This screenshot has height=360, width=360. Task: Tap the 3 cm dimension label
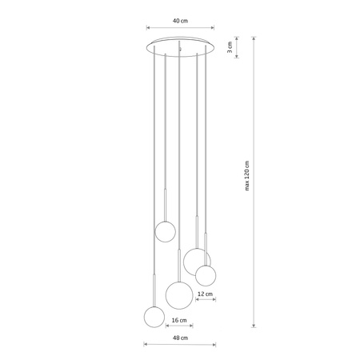[230, 48]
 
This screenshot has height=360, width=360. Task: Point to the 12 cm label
[205, 294]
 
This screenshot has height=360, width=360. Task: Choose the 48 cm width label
[179, 338]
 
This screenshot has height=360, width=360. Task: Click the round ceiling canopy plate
[180, 46]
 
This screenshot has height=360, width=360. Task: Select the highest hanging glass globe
[165, 232]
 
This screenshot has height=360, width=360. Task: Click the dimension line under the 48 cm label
[179, 346]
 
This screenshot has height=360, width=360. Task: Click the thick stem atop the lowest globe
[152, 290]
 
